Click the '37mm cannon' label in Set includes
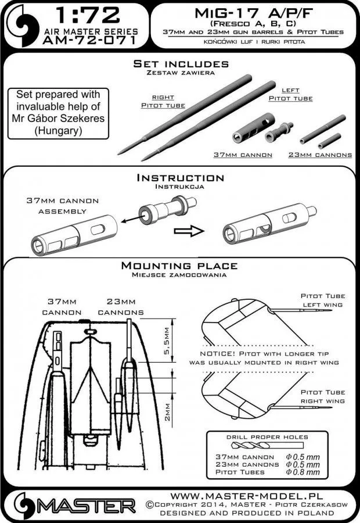239,155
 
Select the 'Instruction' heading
179,177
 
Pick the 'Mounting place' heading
180,266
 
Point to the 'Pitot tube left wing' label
322,300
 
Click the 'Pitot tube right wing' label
322,397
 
